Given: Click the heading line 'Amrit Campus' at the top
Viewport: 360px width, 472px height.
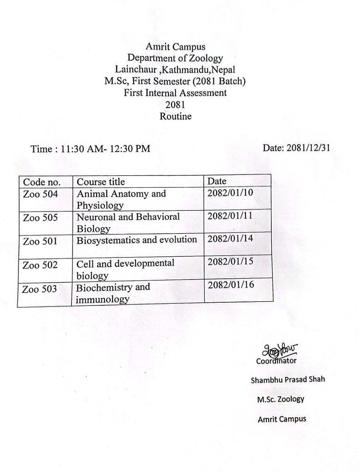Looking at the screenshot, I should pos(175,47).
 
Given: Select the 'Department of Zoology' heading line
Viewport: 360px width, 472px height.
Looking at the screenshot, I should pos(175,58).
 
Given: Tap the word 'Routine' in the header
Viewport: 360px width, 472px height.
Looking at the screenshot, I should pos(175,116).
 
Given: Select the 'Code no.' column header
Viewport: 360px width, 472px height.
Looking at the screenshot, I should pos(42,182).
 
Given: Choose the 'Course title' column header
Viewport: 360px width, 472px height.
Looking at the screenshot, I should pos(101,182).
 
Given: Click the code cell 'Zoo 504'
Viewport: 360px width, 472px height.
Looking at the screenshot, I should pos(40,194).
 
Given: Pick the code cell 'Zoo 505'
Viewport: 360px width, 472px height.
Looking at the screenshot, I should pos(40,218).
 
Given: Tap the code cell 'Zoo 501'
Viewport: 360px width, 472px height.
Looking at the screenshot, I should pos(40,241).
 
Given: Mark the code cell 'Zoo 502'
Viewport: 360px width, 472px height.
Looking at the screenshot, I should pos(40,265).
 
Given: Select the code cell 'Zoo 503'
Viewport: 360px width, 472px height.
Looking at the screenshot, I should pos(40,289).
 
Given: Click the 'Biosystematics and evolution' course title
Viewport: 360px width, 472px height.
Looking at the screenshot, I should pos(137,240).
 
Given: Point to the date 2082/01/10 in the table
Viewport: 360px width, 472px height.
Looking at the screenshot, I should pos(230,192).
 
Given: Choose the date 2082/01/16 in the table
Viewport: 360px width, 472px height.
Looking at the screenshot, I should pos(231,285).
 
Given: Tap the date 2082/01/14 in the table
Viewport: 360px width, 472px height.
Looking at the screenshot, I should pos(231,239).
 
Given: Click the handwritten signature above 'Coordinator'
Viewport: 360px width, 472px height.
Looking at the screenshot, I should pos(280,350).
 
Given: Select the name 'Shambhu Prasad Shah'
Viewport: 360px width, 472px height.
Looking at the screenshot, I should pos(288,379).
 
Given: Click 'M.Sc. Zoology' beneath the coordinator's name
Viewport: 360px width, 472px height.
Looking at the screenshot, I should pos(280,399).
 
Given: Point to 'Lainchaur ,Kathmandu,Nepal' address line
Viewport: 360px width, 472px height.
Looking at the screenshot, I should pos(175,69).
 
